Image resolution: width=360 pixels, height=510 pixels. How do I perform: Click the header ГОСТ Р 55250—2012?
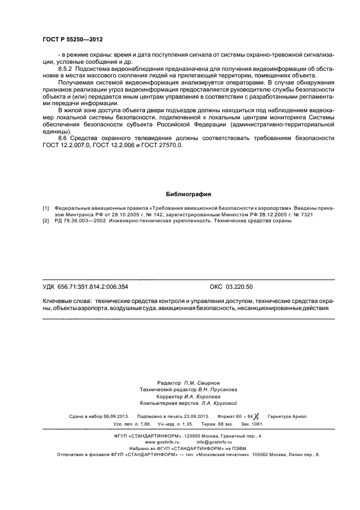[x=72, y=40]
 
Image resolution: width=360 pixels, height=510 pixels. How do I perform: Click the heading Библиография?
[x=188, y=194]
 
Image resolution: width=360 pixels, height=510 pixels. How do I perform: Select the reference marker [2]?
[x=46, y=221]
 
